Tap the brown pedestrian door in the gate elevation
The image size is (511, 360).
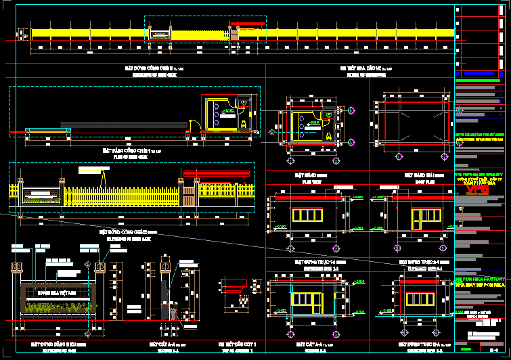(189, 197)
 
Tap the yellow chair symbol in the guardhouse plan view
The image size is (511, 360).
(329, 135)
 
